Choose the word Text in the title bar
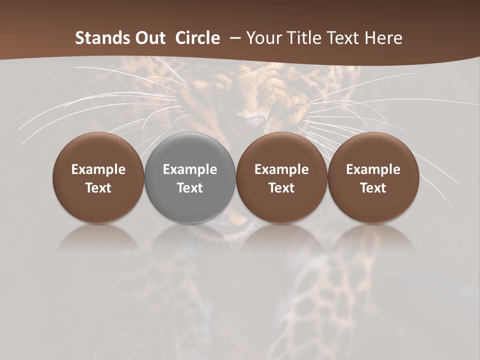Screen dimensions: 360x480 click(342, 38)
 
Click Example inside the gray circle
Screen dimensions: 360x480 click(190, 169)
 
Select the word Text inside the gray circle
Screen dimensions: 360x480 click(190, 188)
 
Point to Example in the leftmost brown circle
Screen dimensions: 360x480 click(98, 169)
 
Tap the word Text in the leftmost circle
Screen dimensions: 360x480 click(98, 188)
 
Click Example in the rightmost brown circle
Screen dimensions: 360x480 click(373, 169)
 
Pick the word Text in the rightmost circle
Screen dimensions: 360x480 click(373, 188)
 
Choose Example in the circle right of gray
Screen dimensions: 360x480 click(281, 169)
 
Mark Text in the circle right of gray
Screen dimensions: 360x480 click(281, 188)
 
